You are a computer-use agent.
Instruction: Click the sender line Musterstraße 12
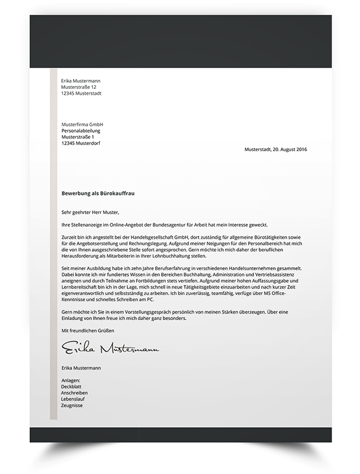coord(79,87)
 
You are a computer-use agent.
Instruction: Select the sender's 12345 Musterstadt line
coord(81,94)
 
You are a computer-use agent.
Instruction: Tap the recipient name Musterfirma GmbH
coord(82,124)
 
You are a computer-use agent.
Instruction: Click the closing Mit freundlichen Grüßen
coord(86,329)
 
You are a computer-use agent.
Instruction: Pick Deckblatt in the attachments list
coord(71,386)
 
